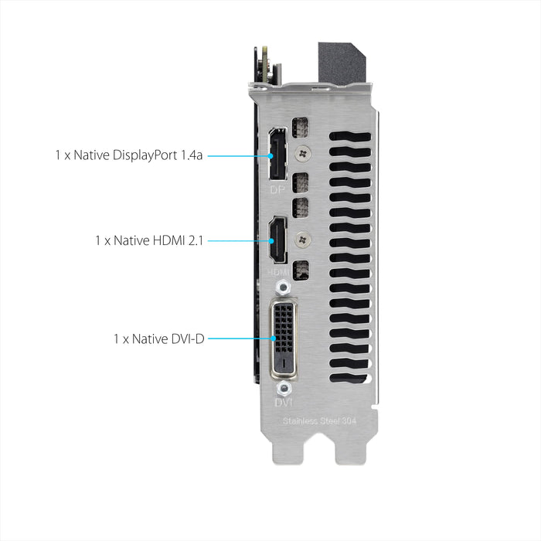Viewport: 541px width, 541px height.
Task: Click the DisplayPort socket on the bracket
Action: (274, 157)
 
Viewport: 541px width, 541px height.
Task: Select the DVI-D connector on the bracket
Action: (283, 337)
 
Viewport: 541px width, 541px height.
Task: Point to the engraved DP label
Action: (277, 189)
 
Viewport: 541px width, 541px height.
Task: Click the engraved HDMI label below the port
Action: (278, 272)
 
